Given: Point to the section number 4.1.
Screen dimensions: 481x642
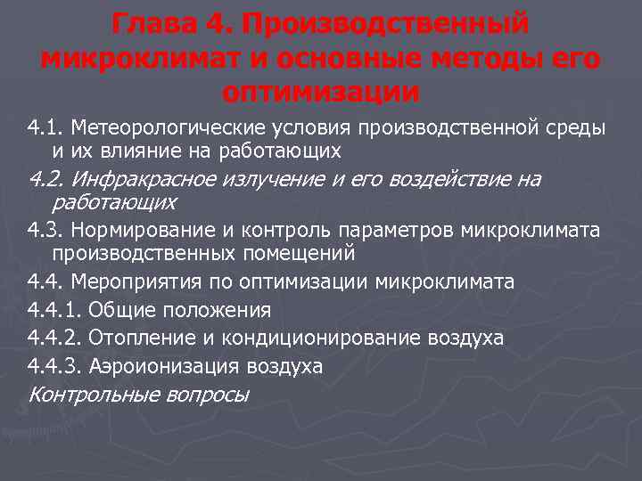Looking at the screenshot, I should [44, 127].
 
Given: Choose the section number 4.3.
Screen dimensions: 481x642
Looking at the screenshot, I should [44, 231].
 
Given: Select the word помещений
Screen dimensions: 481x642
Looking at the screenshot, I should [299, 253].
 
